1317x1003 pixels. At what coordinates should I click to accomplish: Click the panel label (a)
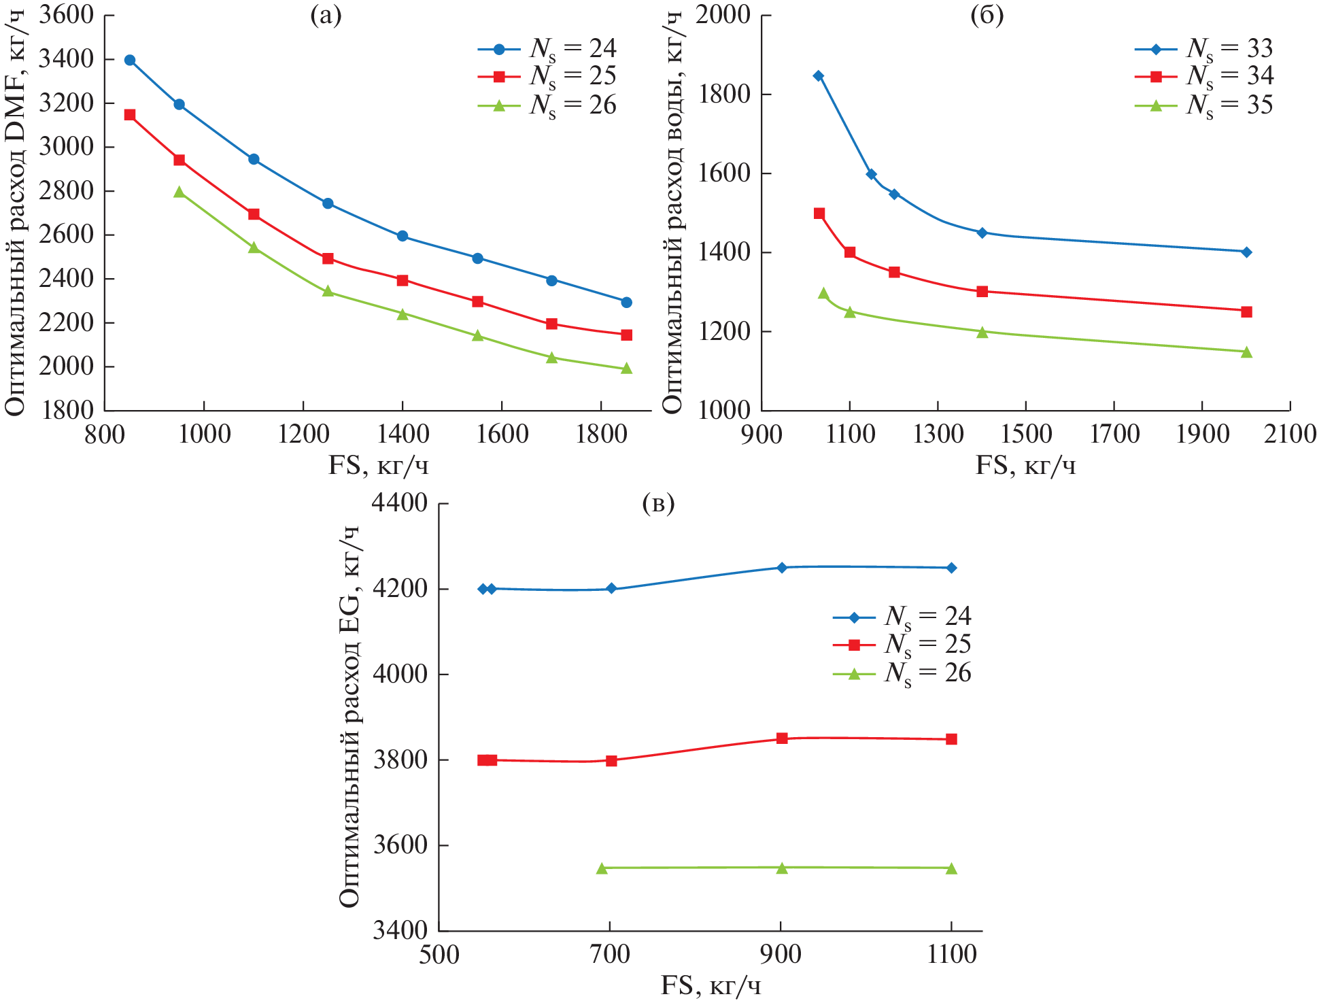[x=326, y=16]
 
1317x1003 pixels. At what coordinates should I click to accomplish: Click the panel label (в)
[x=658, y=504]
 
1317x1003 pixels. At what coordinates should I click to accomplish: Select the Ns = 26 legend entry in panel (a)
[x=547, y=105]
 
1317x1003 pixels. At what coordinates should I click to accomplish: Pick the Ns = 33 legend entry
[x=1203, y=49]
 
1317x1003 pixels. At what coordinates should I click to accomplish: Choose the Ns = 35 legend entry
[x=1203, y=105]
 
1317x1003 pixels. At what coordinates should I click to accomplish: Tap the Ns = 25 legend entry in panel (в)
[x=902, y=645]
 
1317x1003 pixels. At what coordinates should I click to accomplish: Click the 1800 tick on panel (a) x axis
[x=601, y=434]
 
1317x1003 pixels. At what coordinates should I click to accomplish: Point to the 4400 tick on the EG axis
[x=400, y=504]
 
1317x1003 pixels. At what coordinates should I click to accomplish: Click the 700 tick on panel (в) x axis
[x=610, y=954]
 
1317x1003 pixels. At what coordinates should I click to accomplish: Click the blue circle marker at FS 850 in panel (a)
[x=130, y=60]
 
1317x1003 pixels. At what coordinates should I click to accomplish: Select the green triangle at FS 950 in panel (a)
[x=179, y=192]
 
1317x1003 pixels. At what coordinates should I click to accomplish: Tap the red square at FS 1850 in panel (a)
[x=626, y=335]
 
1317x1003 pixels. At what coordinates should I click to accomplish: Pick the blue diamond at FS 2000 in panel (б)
[x=1246, y=252]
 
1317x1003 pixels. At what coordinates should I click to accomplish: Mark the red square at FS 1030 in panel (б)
[x=819, y=214]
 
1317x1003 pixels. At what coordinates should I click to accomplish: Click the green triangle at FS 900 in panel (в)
[x=782, y=868]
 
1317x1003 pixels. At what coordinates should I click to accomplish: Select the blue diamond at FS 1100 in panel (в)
[x=951, y=568]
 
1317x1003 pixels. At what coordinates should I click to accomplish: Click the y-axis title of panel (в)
[x=349, y=717]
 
